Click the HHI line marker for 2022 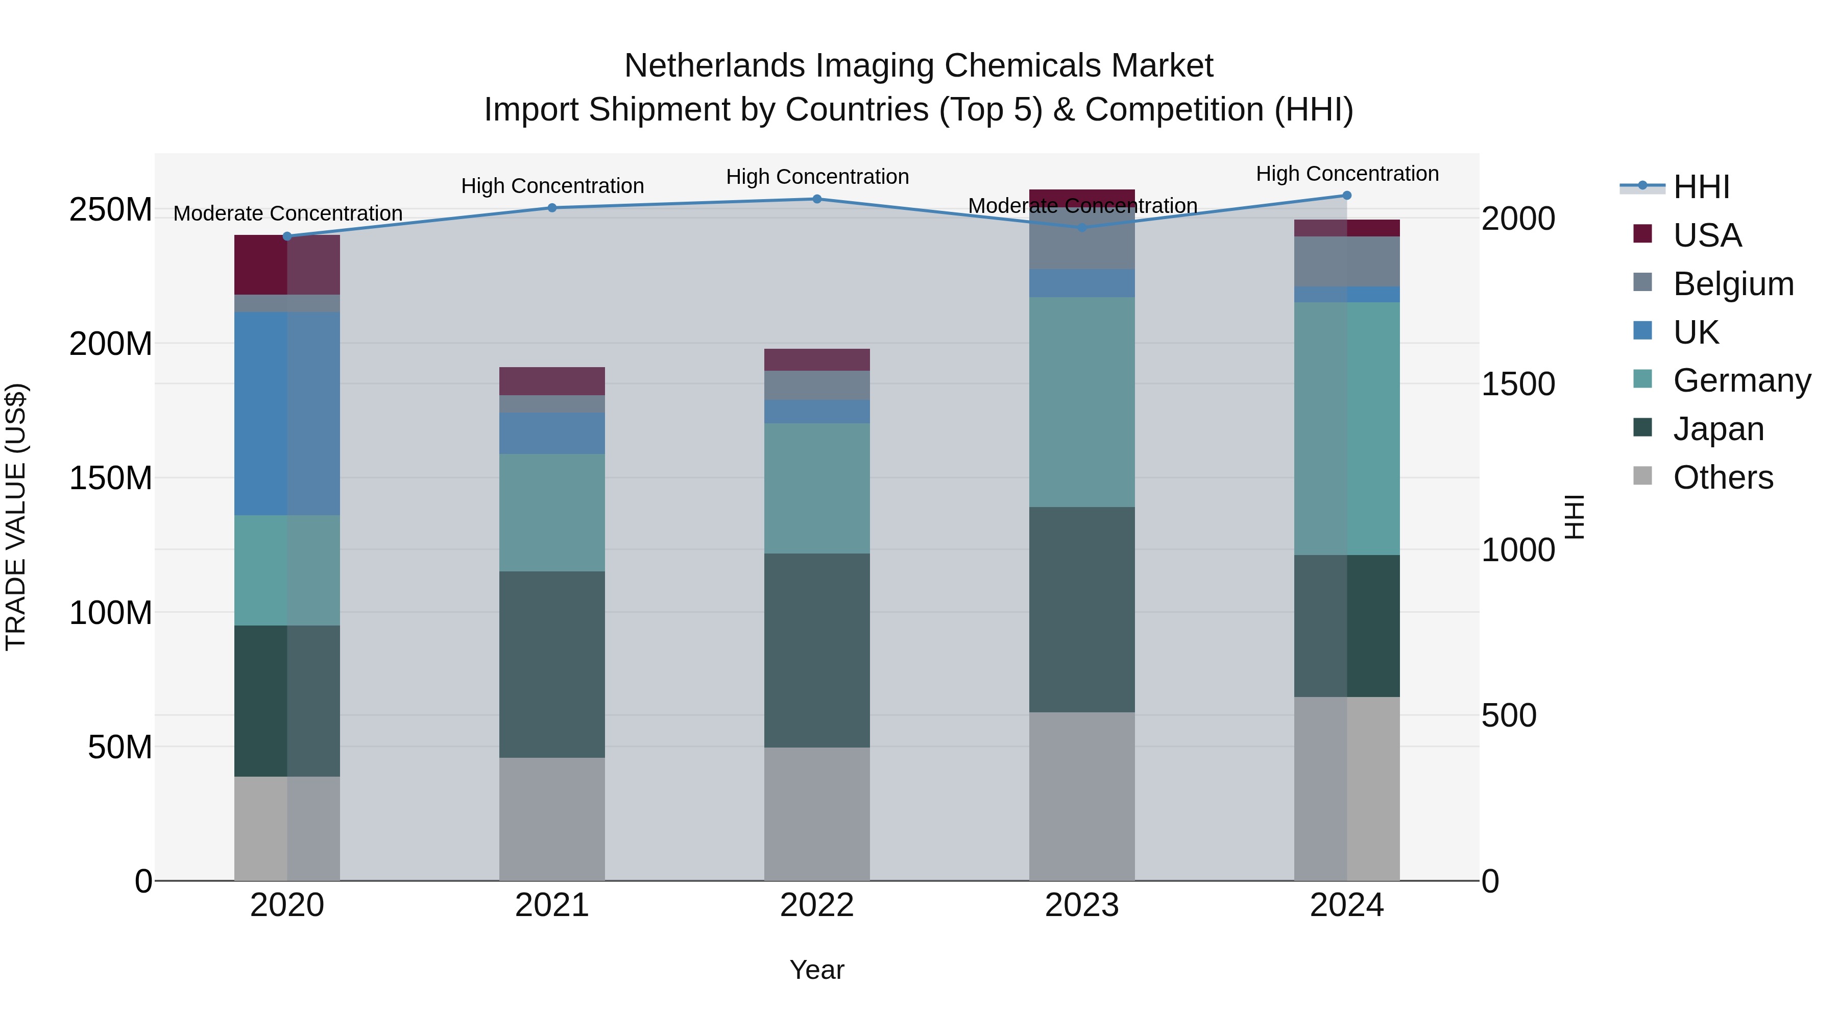pos(817,199)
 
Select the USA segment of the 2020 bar pos(287,264)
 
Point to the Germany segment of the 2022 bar pos(817,488)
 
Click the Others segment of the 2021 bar pos(551,819)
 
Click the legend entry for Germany pos(1741,380)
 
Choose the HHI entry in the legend pos(1701,187)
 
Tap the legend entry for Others pos(1723,477)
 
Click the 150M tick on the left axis pos(111,478)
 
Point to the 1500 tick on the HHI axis pos(1518,384)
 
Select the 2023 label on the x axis pos(1082,905)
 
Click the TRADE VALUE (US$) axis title pos(16,517)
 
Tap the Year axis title pos(817,970)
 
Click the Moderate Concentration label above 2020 pos(287,213)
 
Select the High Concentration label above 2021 pos(552,185)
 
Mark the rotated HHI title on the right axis pos(1574,517)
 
